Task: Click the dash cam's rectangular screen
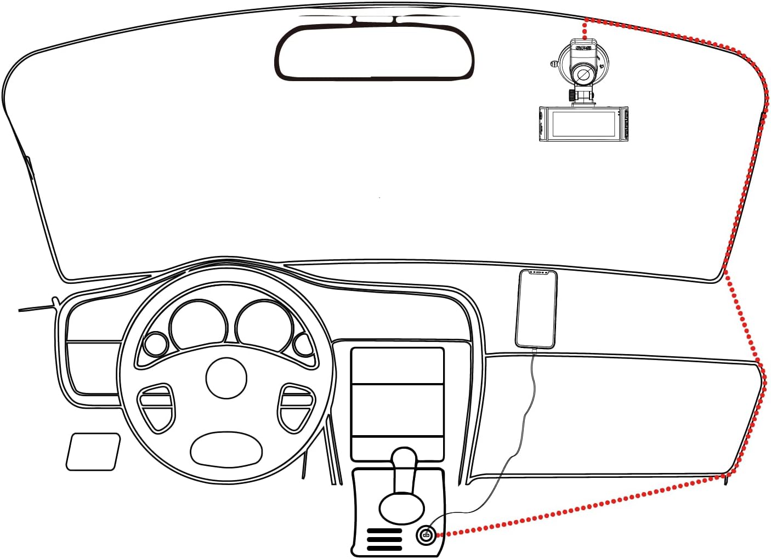click(x=584, y=124)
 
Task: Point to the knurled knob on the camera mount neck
click(x=572, y=95)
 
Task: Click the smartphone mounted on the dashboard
click(x=536, y=309)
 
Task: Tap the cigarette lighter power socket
click(x=426, y=534)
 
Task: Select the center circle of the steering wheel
click(x=226, y=378)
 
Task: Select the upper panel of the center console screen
click(x=397, y=366)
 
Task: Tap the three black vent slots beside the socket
click(x=384, y=540)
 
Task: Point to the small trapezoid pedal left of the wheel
click(x=93, y=452)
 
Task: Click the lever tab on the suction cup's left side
click(x=554, y=64)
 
